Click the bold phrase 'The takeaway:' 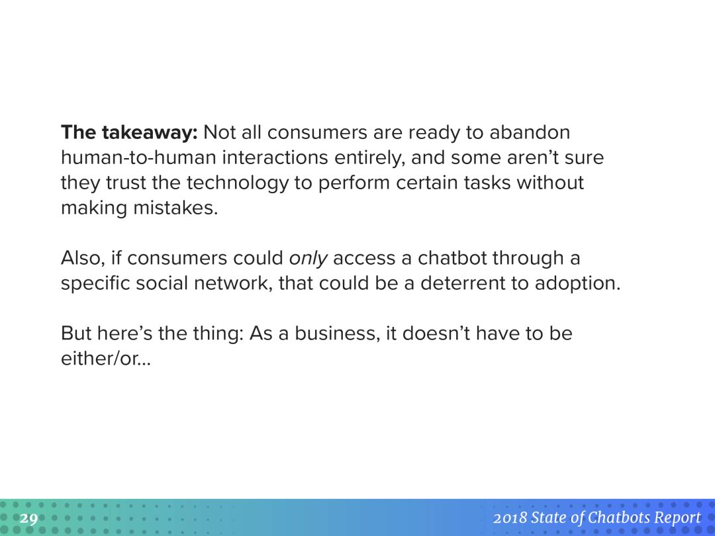[x=130, y=132]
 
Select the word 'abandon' [x=530, y=132]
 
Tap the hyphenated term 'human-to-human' [x=138, y=157]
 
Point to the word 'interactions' [x=275, y=157]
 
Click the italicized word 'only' [x=309, y=259]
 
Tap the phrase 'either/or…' [x=106, y=359]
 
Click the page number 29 [x=28, y=519]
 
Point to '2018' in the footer [x=510, y=517]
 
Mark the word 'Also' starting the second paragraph [x=81, y=259]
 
